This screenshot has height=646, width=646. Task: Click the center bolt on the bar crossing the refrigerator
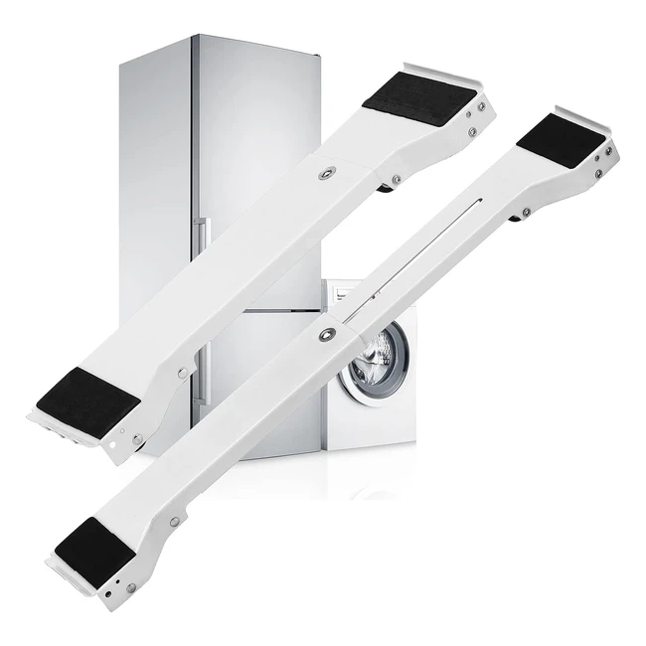click(x=327, y=174)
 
